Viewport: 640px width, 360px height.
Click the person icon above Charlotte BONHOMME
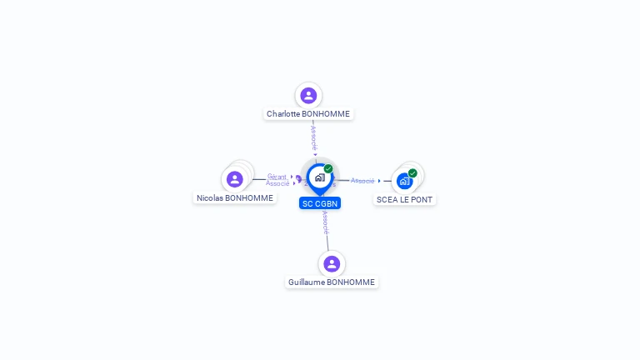click(x=308, y=95)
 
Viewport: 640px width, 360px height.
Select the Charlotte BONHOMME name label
click(x=308, y=113)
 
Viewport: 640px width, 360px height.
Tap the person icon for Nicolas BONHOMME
click(x=235, y=179)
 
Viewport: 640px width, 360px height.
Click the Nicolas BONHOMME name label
click(x=234, y=198)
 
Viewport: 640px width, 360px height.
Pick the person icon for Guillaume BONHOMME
click(x=332, y=263)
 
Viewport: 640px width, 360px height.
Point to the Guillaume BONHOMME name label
click(x=332, y=282)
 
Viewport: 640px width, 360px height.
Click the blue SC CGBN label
click(x=320, y=203)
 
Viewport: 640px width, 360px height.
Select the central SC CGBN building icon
click(x=319, y=177)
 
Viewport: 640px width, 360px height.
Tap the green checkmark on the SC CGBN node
click(x=328, y=169)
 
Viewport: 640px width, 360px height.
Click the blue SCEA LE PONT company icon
click(x=404, y=181)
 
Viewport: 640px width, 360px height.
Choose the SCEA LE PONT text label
click(x=405, y=200)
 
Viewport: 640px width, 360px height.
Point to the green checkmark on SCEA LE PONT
click(x=412, y=173)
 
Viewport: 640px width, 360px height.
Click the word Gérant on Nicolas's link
click(x=277, y=177)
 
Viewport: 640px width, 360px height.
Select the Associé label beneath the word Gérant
click(x=277, y=183)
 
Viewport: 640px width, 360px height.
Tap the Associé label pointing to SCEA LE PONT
click(x=362, y=181)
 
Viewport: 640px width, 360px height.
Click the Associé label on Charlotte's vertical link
click(x=313, y=138)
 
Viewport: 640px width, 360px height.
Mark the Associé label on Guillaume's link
click(x=325, y=222)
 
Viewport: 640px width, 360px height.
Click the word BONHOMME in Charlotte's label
click(x=328, y=113)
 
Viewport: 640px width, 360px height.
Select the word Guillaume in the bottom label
click(x=307, y=282)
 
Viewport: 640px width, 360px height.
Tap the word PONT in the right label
click(x=423, y=200)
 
